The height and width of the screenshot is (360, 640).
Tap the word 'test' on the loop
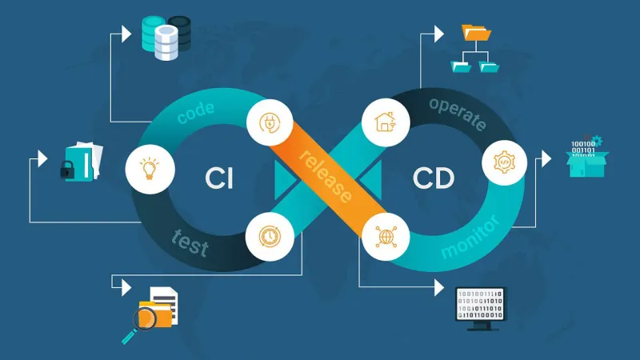tap(190, 242)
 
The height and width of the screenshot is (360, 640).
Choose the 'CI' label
tap(218, 178)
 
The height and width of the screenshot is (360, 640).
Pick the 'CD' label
tap(433, 178)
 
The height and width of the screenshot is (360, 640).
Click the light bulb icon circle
tap(149, 168)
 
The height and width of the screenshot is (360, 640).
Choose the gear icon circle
tap(504, 162)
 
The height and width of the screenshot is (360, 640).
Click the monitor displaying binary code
tap(480, 306)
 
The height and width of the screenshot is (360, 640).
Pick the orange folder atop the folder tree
tap(478, 33)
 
